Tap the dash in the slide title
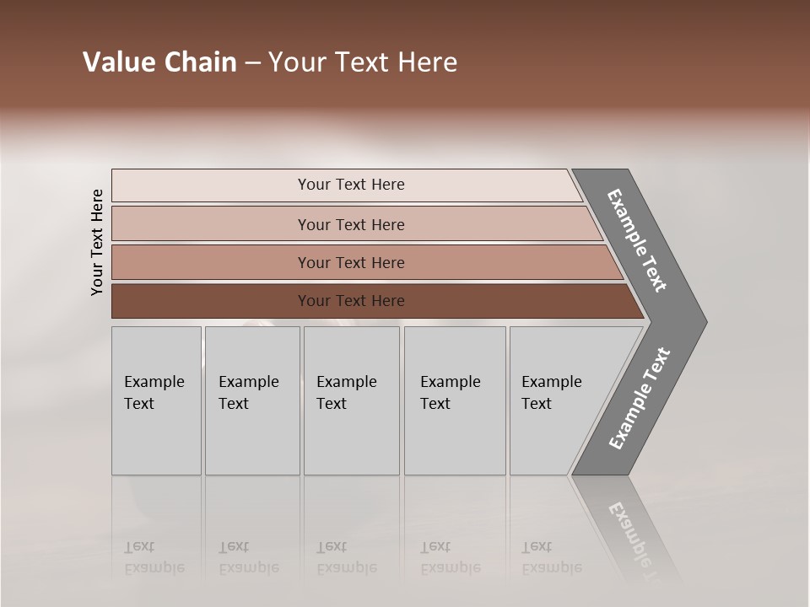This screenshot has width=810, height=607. click(x=252, y=63)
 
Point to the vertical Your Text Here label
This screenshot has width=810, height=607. click(x=97, y=242)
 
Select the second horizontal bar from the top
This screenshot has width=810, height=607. click(x=350, y=224)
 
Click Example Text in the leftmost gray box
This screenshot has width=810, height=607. click(x=154, y=393)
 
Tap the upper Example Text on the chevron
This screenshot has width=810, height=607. click(x=637, y=240)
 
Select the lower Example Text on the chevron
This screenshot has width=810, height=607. click(x=640, y=399)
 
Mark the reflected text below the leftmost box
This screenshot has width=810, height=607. click(x=154, y=557)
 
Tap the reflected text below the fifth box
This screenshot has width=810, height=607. click(x=551, y=557)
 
